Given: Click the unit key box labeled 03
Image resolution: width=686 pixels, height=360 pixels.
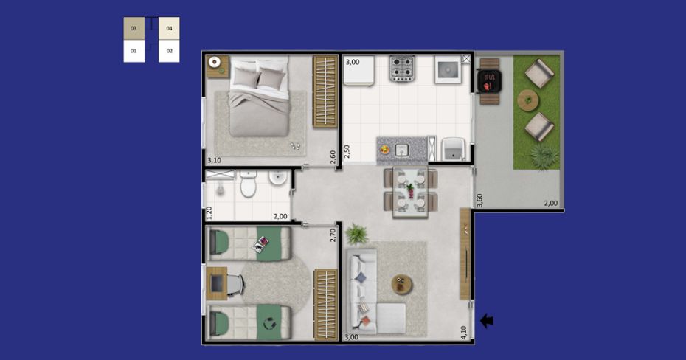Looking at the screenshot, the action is [x=134, y=29].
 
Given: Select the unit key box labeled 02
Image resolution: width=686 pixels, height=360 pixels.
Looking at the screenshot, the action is [x=169, y=51].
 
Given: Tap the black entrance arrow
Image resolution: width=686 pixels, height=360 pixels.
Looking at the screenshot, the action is [x=487, y=321].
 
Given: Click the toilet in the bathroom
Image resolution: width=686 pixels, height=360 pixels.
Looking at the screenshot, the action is [x=248, y=184].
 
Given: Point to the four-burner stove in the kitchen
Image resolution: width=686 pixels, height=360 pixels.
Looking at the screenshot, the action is [x=402, y=69].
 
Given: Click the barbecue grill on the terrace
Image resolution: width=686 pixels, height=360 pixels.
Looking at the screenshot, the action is [x=489, y=81].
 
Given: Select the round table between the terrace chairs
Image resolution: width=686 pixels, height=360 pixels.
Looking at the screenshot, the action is [x=528, y=100].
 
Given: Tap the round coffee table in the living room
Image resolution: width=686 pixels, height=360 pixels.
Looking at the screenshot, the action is [x=401, y=285].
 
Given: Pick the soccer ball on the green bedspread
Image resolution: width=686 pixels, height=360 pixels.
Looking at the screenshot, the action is [x=267, y=324].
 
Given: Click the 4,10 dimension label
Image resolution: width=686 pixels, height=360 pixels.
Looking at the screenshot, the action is [x=464, y=333].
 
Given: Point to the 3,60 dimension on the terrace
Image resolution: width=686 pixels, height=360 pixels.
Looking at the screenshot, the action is [x=479, y=200].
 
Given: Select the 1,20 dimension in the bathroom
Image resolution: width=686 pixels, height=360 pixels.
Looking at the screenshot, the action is [x=209, y=212].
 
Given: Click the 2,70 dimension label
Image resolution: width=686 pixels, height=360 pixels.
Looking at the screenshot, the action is [x=333, y=235].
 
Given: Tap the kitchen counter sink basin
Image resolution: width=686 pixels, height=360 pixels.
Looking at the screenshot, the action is [x=401, y=150].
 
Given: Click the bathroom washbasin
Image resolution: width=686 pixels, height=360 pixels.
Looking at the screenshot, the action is [x=278, y=178].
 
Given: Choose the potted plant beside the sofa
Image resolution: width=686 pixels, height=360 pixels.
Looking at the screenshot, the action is [x=356, y=234].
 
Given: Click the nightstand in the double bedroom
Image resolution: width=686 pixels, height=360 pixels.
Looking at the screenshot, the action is [x=218, y=66].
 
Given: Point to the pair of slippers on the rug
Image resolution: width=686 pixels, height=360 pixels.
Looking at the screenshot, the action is [x=296, y=146].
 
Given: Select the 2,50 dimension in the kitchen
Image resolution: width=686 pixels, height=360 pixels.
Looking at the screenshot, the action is [x=347, y=151].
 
